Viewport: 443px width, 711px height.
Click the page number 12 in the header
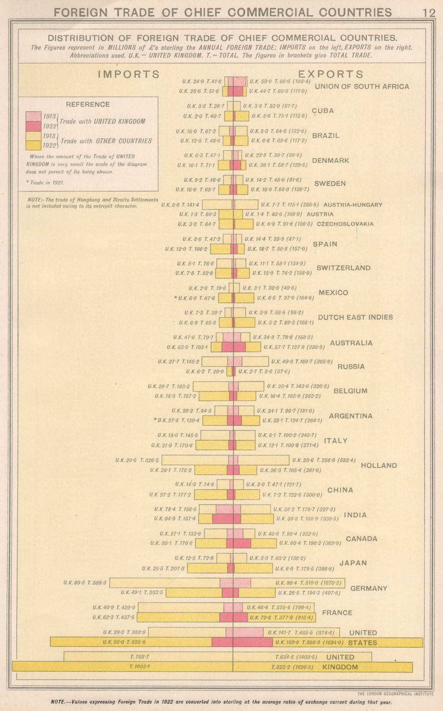pyautogui.click(x=429, y=12)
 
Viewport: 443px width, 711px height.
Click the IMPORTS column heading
pyautogui.click(x=128, y=74)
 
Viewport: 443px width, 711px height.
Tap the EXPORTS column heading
pyautogui.click(x=331, y=74)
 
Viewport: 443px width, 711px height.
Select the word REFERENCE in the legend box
pyautogui.click(x=88, y=104)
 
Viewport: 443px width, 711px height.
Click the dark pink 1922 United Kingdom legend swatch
pyautogui.click(x=34, y=126)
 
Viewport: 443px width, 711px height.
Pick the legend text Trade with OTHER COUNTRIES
pyautogui.click(x=106, y=141)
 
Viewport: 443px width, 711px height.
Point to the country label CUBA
pyautogui.click(x=323, y=111)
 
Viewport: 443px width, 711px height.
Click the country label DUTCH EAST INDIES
pyautogui.click(x=355, y=317)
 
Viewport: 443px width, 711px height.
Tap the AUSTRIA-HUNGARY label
pyautogui.click(x=353, y=205)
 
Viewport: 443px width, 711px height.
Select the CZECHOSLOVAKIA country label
pyautogui.click(x=345, y=224)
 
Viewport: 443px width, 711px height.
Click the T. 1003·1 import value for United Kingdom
pyautogui.click(x=140, y=667)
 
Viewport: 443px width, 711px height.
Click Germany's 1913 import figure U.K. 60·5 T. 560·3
pyautogui.click(x=85, y=583)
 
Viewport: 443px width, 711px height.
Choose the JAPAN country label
pyautogui.click(x=353, y=563)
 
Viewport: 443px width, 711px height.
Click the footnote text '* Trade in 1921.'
pyautogui.click(x=47, y=183)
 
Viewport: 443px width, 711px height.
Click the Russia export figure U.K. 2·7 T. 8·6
pyautogui.click(x=264, y=371)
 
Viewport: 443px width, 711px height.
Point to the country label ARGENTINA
pyautogui.click(x=351, y=416)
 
